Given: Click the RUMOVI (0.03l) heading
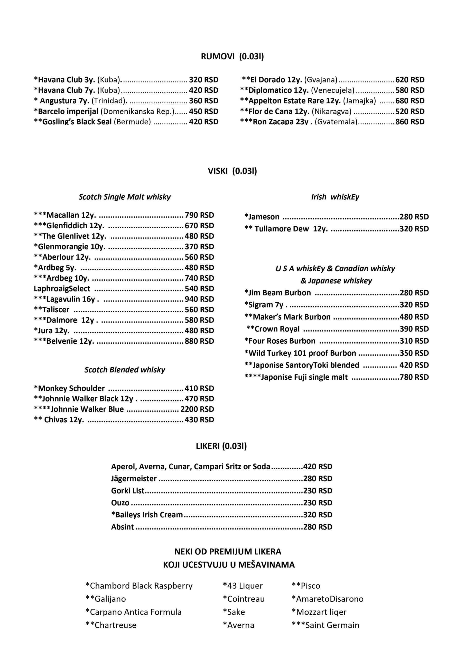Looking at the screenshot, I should point(232,57).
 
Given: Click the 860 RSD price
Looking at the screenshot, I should point(410,122).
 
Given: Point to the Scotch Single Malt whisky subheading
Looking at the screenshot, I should point(125,197).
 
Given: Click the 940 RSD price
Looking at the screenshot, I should point(199,299).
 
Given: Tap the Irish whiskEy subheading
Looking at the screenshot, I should point(335,197).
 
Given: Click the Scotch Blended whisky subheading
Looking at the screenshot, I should point(125,370).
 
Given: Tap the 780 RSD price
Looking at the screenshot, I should point(414,377).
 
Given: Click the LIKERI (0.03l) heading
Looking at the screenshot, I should point(221,446).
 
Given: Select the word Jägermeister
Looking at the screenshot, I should point(134,479).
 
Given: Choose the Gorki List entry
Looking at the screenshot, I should point(128,491).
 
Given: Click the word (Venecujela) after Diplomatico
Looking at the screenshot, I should point(333,90).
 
